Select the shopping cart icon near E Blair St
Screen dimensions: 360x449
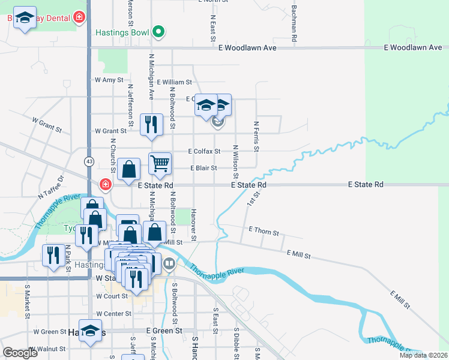[160, 163]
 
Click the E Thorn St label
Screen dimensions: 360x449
[264, 232]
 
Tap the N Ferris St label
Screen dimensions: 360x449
[256, 134]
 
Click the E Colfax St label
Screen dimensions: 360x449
[204, 151]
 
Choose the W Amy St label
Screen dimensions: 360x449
[109, 79]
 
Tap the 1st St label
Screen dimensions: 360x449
[252, 198]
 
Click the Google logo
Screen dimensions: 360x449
[20, 352]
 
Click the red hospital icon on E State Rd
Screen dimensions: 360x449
[106, 184]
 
